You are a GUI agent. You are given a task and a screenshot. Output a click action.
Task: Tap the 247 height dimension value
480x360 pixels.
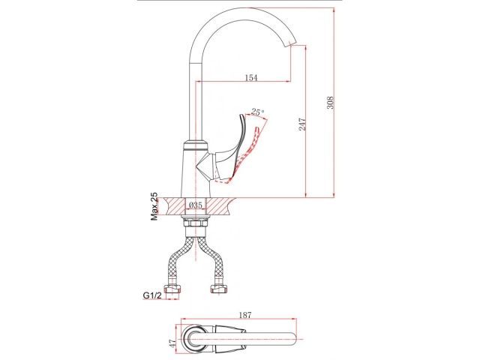pos(301,124)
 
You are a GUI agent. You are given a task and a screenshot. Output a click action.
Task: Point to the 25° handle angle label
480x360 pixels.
pos(258,112)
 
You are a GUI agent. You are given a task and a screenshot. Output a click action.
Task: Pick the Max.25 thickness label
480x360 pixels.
pos(154,206)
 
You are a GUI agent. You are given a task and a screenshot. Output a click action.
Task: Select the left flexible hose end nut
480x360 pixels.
pos(175,288)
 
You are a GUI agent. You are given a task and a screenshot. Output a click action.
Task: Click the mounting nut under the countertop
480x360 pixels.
pos(196,222)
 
